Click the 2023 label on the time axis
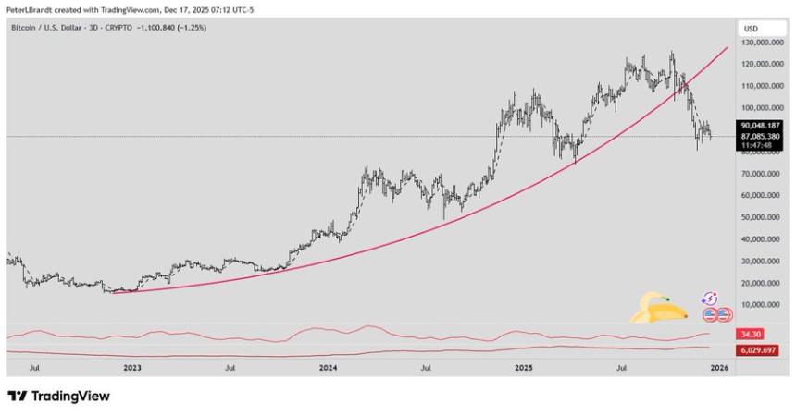click(x=132, y=368)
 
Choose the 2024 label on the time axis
click(x=328, y=368)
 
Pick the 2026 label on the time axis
click(x=718, y=368)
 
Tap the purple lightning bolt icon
click(x=710, y=299)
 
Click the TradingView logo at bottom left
click(x=59, y=396)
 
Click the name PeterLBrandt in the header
click(x=29, y=7)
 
